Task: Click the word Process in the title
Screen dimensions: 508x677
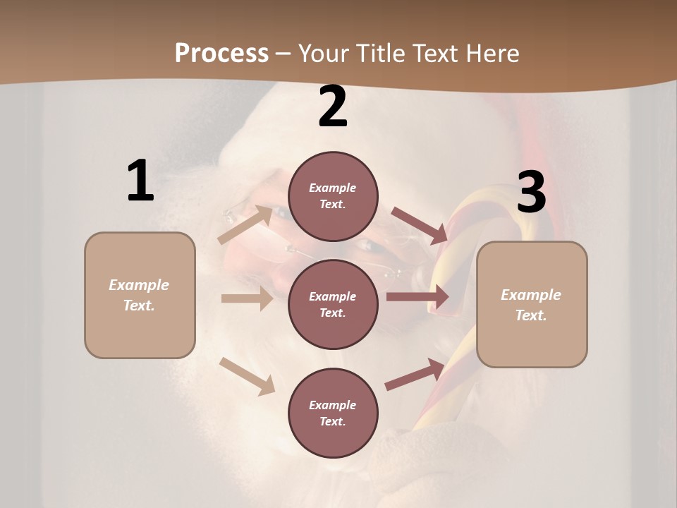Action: pyautogui.click(x=221, y=53)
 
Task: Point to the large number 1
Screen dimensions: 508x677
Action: pyautogui.click(x=140, y=181)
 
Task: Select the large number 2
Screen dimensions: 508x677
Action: pyautogui.click(x=333, y=107)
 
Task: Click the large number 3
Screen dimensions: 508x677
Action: pyautogui.click(x=531, y=193)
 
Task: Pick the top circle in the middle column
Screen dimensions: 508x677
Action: pyautogui.click(x=333, y=196)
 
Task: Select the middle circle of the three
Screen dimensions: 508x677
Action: pyautogui.click(x=333, y=304)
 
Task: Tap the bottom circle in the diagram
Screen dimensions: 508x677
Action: pyautogui.click(x=333, y=413)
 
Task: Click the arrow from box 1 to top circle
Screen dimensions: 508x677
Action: pyautogui.click(x=246, y=224)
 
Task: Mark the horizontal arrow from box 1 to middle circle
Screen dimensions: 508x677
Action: pyautogui.click(x=247, y=299)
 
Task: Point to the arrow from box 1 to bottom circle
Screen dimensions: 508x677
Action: pyautogui.click(x=247, y=375)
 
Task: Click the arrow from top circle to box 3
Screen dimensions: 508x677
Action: pyautogui.click(x=420, y=225)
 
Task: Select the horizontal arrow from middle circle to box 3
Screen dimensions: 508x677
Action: pyautogui.click(x=417, y=297)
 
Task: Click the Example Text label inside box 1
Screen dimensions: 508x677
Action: pyautogui.click(x=139, y=295)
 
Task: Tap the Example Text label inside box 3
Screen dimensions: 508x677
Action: pyautogui.click(x=531, y=305)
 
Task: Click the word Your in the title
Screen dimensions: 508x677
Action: pyautogui.click(x=324, y=53)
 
